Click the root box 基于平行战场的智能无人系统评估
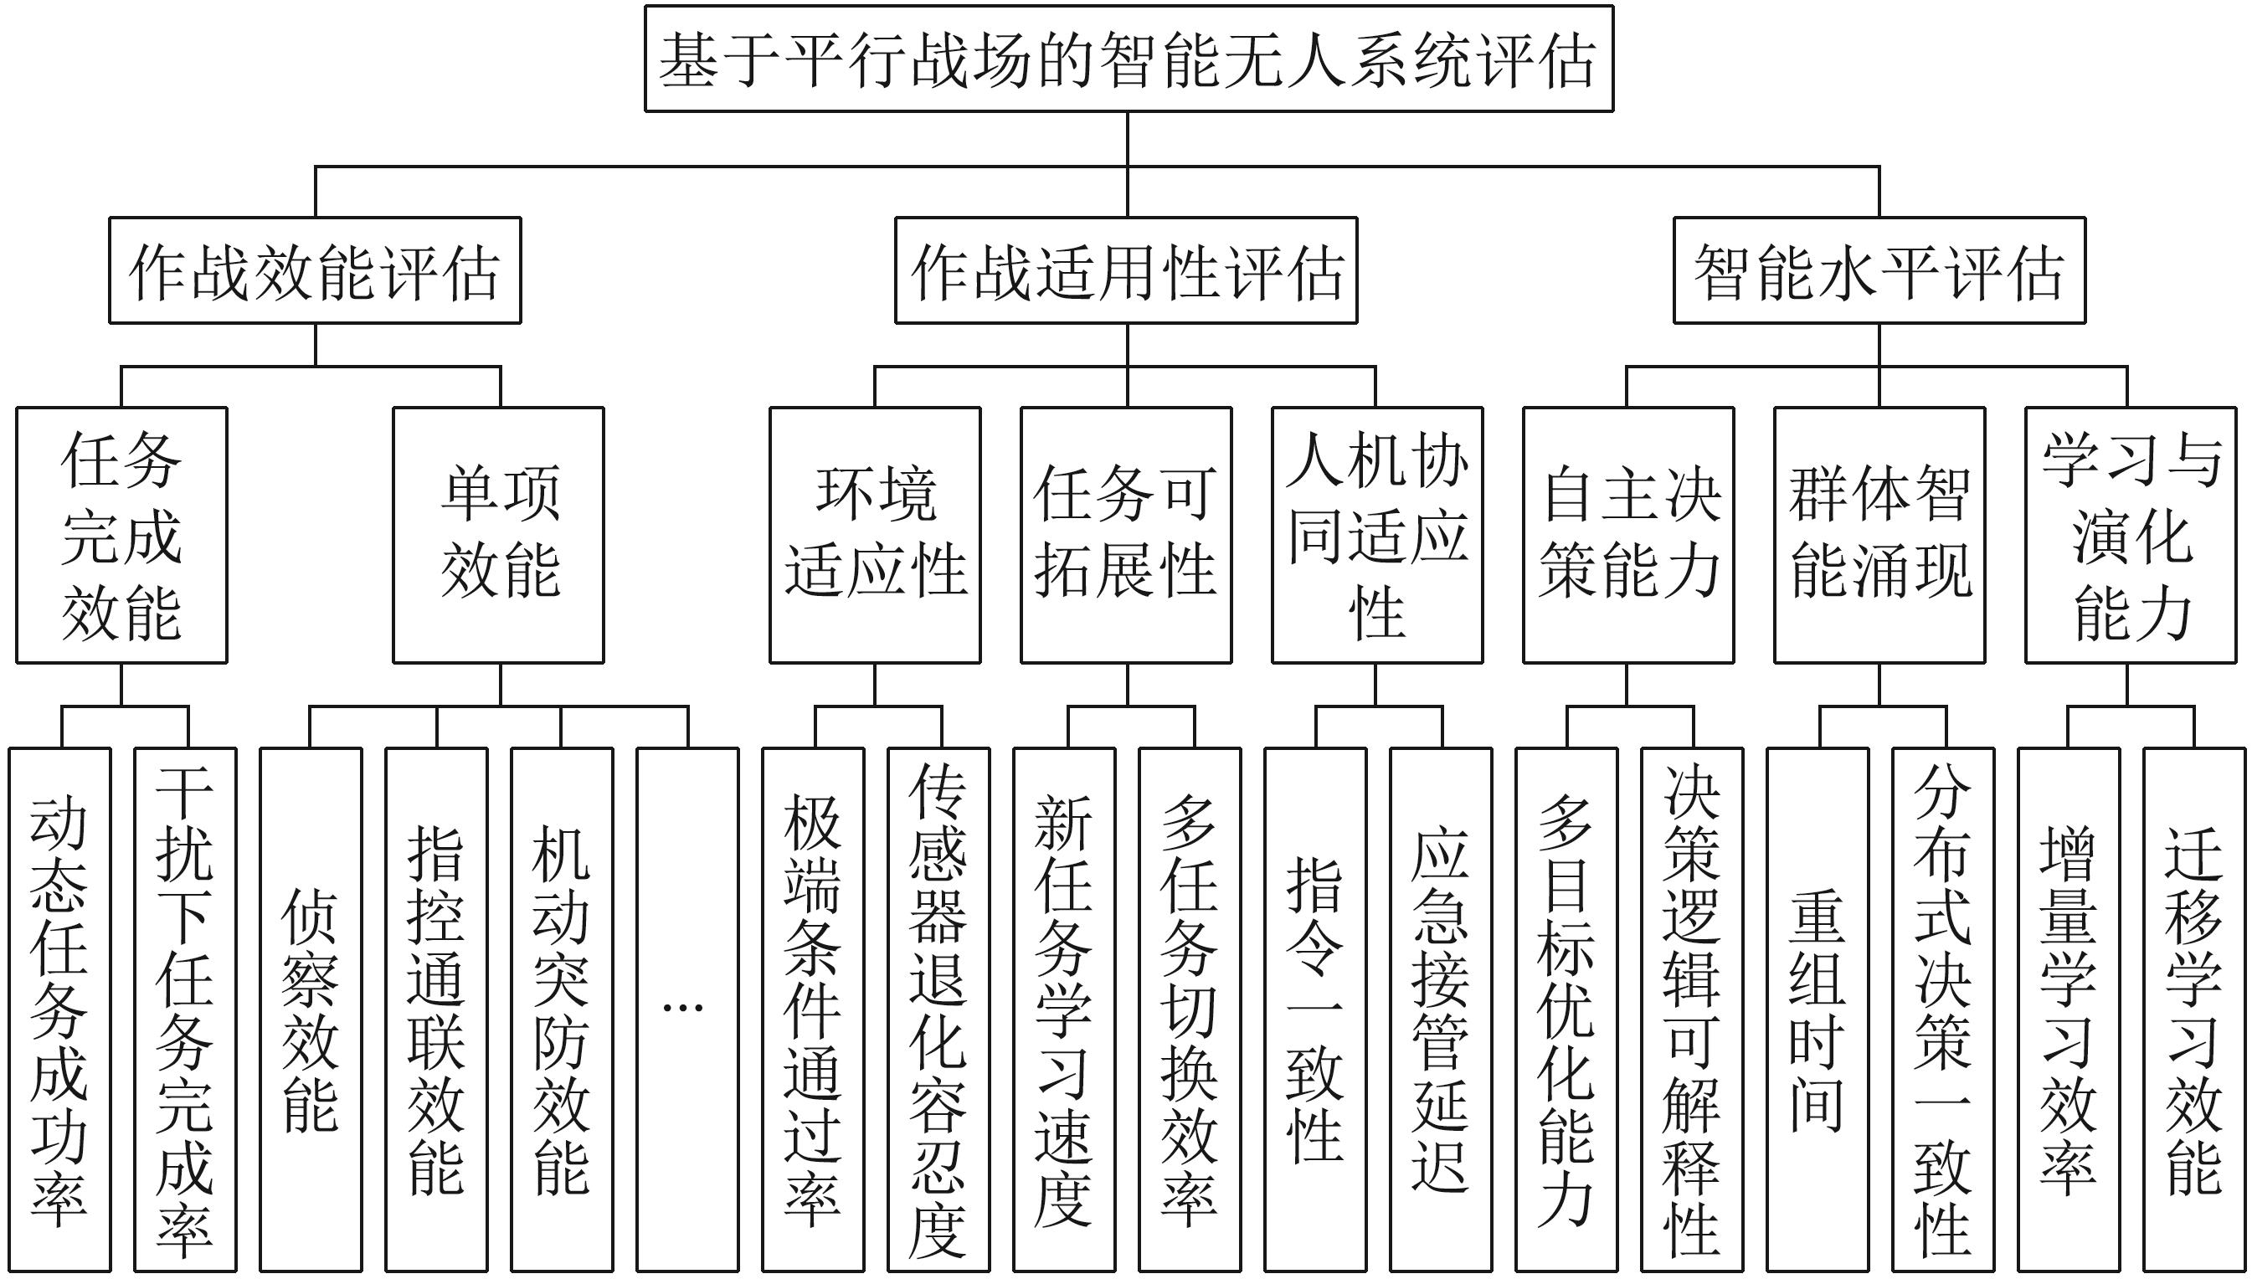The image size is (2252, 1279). click(x=1129, y=59)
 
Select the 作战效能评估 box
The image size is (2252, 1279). click(x=316, y=270)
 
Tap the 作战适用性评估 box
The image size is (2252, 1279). click(x=1126, y=270)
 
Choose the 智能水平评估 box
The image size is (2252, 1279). click(x=1879, y=270)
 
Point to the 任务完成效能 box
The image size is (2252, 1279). click(x=121, y=535)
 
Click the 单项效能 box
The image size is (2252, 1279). click(x=498, y=535)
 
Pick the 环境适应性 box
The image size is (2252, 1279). click(x=875, y=535)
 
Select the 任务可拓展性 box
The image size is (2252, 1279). click(x=1126, y=535)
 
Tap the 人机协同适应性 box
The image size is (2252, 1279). click(x=1377, y=535)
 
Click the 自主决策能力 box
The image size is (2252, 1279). click(x=1628, y=535)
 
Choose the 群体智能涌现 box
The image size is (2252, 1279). click(x=1879, y=535)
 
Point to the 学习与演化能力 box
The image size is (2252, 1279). click(x=2131, y=535)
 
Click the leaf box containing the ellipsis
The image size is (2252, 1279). click(x=687, y=1009)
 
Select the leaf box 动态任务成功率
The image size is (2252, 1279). click(x=59, y=1009)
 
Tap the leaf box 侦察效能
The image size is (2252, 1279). click(x=311, y=1009)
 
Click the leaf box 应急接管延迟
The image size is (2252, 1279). click(x=1442, y=1009)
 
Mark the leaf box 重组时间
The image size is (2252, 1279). click(x=1818, y=1009)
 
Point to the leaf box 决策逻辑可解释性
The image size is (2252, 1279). click(x=1693, y=1009)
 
